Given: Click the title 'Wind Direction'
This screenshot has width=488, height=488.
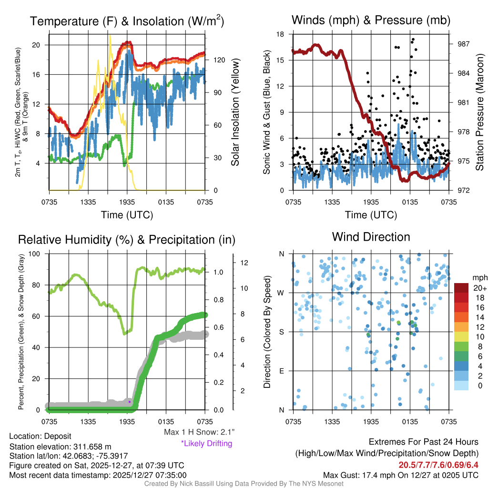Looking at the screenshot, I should tap(371, 237).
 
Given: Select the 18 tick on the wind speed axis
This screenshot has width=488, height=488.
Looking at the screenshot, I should tap(281, 34).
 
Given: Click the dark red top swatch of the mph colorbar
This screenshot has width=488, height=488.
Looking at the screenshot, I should tap(462, 287).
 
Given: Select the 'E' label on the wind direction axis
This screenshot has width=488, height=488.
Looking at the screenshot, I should tap(282, 371).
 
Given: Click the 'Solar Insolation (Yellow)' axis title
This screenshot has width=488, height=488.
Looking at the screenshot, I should tap(235, 112).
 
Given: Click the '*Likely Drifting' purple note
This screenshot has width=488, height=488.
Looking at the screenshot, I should tap(206, 443).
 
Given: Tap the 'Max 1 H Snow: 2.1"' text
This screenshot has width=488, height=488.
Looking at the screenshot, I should tap(199, 432).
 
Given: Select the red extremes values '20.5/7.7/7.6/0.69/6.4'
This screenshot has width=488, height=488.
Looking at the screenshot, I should tap(438, 465).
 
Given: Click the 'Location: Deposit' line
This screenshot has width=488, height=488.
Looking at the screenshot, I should tap(40, 437).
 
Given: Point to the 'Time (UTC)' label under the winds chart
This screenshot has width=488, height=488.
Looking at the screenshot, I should tap(371, 215).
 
